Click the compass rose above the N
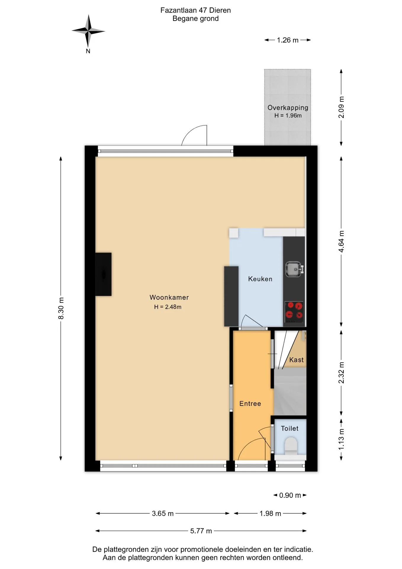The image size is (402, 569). click(88, 31)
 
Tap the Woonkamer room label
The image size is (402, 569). click(169, 297)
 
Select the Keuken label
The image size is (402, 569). click(260, 279)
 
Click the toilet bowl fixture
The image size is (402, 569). click(290, 447)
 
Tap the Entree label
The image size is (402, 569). click(250, 404)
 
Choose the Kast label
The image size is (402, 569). click(296, 360)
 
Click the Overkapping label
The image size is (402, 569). click(288, 108)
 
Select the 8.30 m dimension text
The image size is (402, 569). click(61, 308)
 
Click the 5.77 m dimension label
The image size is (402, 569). click(201, 531)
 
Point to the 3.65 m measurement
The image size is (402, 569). click(163, 513)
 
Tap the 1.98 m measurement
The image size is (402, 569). click(270, 513)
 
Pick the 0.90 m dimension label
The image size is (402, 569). click(290, 495)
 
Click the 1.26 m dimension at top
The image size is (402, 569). click(288, 40)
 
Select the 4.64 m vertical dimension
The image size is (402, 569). click(341, 242)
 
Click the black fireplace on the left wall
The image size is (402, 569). click(103, 274)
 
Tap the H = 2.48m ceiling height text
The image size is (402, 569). click(168, 307)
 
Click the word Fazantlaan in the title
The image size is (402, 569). click(179, 10)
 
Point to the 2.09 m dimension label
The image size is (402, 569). click(341, 107)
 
